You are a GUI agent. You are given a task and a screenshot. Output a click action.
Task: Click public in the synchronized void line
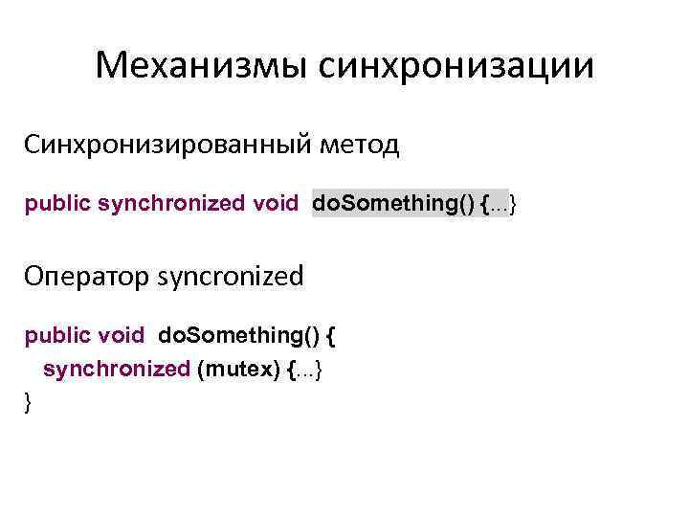click(58, 204)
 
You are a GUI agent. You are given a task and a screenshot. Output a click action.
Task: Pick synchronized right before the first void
click(172, 204)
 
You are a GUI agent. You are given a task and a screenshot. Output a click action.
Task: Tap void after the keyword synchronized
click(276, 204)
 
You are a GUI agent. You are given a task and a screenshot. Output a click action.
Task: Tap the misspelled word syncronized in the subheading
click(230, 277)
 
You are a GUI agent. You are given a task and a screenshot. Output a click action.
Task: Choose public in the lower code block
click(58, 336)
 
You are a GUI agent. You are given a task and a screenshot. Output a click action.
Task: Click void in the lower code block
click(121, 336)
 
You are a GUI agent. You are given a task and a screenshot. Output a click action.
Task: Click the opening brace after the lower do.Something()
click(332, 336)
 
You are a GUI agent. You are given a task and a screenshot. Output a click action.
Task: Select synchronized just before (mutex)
click(116, 370)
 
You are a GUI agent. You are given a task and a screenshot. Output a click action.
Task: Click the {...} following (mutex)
click(307, 370)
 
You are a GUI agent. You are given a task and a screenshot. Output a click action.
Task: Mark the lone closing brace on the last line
click(29, 402)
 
